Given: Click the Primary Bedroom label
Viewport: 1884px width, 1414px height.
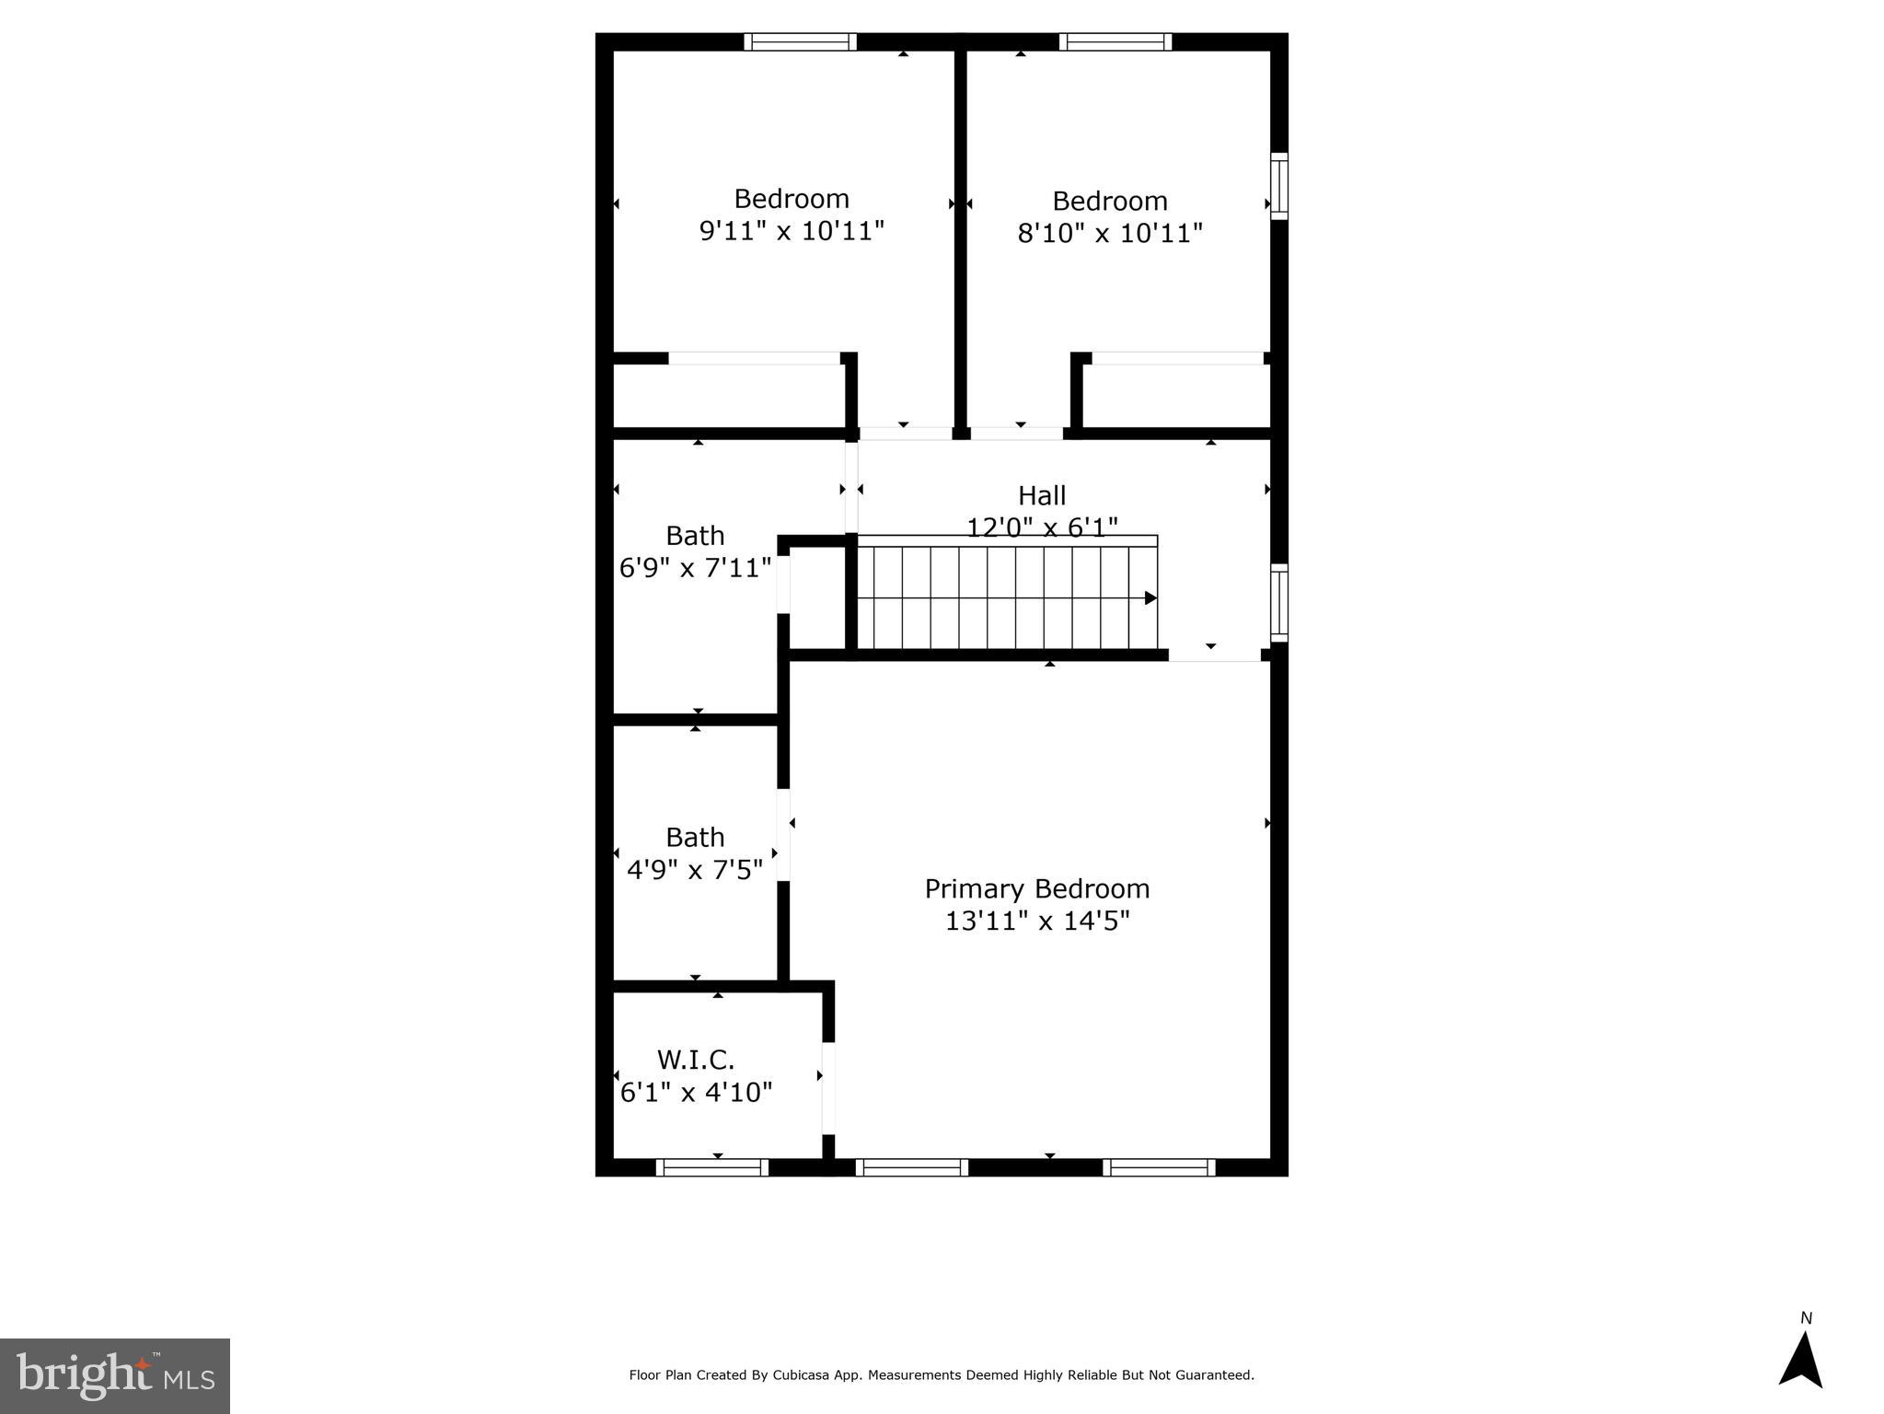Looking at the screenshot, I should [x=1036, y=888].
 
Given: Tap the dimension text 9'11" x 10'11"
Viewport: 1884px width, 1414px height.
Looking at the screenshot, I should [x=792, y=230].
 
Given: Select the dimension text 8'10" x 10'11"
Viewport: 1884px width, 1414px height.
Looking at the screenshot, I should [x=1109, y=233].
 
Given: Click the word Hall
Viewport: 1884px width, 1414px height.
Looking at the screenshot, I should [x=1041, y=495].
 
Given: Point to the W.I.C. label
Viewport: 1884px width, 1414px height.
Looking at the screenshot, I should [x=695, y=1060].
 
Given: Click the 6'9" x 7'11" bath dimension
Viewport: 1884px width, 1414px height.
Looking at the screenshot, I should [x=695, y=568].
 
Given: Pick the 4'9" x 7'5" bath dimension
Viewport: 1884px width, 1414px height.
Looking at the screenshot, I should [x=695, y=869].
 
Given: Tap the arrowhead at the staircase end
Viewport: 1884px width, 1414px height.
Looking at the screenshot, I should [x=1150, y=598].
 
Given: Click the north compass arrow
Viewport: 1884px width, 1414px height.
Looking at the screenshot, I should [x=1800, y=1361].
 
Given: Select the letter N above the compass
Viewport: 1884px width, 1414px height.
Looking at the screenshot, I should [x=1806, y=1318].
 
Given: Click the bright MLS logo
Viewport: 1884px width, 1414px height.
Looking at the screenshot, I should [x=115, y=1375].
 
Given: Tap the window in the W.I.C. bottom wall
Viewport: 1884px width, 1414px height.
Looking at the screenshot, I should [x=711, y=1167].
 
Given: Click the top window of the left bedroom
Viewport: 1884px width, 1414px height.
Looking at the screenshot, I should [x=800, y=41].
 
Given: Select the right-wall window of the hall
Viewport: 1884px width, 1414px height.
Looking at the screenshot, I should [x=1279, y=602].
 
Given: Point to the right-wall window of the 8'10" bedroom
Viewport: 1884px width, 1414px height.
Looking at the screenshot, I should [x=1279, y=186].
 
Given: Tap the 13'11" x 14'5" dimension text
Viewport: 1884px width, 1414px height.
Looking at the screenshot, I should [x=1036, y=921].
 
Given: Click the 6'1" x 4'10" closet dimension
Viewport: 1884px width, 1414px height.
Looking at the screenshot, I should [x=696, y=1093].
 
